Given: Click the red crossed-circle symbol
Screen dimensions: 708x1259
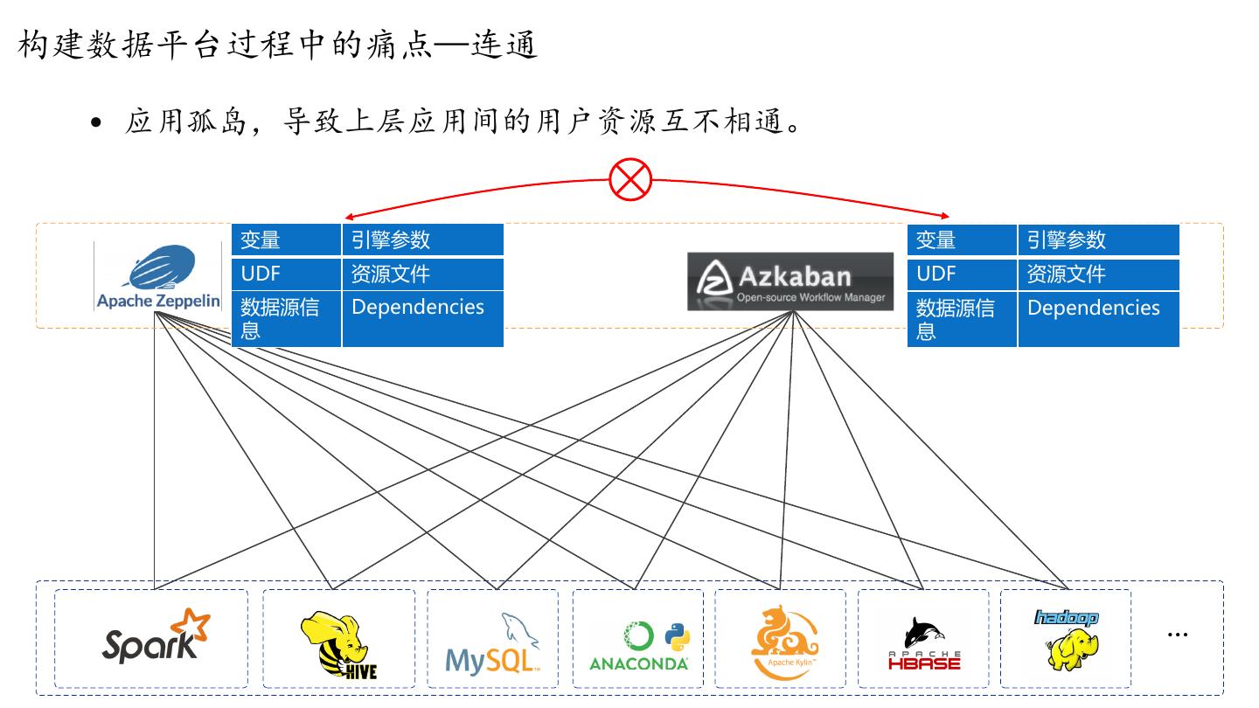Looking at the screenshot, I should pyautogui.click(x=630, y=181).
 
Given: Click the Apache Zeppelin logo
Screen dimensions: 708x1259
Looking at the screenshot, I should pyautogui.click(x=158, y=278).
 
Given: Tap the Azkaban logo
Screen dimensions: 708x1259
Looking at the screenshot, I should pyautogui.click(x=790, y=281).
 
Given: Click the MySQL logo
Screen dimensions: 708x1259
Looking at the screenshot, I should pyautogui.click(x=492, y=645).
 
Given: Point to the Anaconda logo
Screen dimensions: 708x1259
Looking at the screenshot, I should pyautogui.click(x=638, y=647).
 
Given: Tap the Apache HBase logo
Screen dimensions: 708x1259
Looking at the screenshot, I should pyautogui.click(x=923, y=643).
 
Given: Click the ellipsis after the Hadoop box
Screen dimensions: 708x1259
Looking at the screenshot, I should pyautogui.click(x=1178, y=635).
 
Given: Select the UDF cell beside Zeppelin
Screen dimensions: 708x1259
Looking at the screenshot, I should pyautogui.click(x=286, y=274).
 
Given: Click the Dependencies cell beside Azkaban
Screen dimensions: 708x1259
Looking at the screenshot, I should pyautogui.click(x=1098, y=319).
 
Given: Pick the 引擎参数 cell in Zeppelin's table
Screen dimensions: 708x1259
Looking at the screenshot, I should pyautogui.click(x=422, y=240).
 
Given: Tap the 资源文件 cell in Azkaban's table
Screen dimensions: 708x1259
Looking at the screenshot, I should pyautogui.click(x=1098, y=274).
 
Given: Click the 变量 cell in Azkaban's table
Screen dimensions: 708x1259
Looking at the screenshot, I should pyautogui.click(x=961, y=240).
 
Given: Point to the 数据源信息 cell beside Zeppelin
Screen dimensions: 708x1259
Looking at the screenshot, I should pyautogui.click(x=286, y=319).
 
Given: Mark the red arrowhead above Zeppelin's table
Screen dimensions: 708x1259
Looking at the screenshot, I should pyautogui.click(x=350, y=217).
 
